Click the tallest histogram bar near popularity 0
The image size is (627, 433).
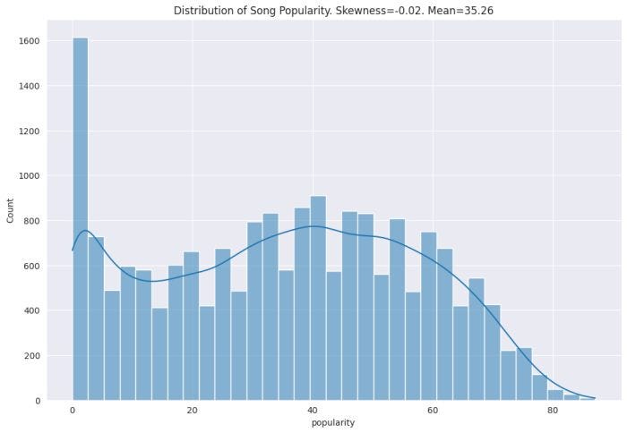click(81, 219)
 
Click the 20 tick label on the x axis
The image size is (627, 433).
click(193, 411)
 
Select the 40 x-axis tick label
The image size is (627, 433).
click(313, 411)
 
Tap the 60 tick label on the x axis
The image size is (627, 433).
click(433, 411)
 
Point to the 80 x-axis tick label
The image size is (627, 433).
click(553, 411)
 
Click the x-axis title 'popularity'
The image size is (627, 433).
click(332, 423)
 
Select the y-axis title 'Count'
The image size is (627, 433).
click(11, 211)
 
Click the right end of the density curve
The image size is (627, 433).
click(595, 398)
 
